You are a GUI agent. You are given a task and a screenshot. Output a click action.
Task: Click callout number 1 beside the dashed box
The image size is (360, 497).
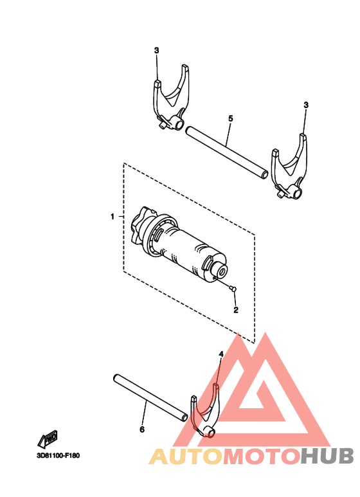click(112, 217)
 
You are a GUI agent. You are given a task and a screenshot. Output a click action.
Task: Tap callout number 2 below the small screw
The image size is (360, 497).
click(236, 310)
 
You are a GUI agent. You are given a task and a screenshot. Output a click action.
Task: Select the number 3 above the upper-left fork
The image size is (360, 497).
click(156, 50)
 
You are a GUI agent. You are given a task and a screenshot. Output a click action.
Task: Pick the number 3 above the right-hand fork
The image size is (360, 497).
click(306, 104)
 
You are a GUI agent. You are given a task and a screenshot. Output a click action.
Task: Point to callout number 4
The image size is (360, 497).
click(221, 354)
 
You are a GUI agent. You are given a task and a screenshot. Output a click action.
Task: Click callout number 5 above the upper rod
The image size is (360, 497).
click(230, 118)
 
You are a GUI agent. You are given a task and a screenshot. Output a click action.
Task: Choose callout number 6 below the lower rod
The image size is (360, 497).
click(142, 429)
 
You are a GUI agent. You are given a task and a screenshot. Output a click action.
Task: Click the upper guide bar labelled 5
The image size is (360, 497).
click(226, 152)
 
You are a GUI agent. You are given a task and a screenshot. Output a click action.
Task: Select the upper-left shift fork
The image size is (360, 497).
click(172, 100)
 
